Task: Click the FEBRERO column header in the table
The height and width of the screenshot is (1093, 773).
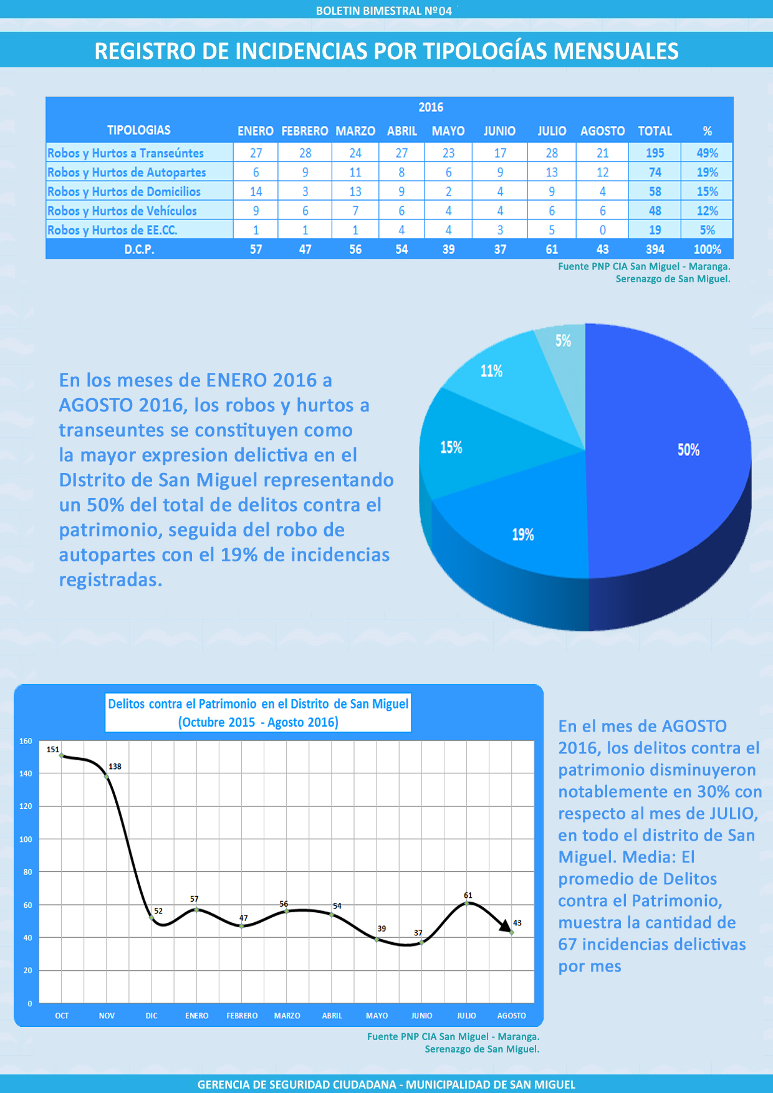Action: [x=305, y=131]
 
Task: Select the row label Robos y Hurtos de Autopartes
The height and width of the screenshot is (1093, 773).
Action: [x=127, y=173]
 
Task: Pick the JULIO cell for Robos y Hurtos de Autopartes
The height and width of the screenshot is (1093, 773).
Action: [x=552, y=173]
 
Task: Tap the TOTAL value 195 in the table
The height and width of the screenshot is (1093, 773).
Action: [x=655, y=153]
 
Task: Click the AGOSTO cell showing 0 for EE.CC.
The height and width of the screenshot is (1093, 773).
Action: [x=602, y=231]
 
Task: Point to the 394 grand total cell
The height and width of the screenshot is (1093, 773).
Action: [x=655, y=250]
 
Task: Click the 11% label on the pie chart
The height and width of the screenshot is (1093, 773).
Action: [x=491, y=371]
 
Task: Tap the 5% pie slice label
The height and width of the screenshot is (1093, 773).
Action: [x=563, y=341]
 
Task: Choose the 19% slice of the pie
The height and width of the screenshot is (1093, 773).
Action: [x=522, y=535]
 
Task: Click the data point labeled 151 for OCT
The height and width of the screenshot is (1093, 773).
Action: [x=62, y=755]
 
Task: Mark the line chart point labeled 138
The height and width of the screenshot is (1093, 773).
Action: [x=107, y=776]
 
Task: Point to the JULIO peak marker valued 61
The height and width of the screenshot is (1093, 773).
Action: [x=467, y=903]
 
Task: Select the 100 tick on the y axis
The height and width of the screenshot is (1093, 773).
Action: [x=26, y=839]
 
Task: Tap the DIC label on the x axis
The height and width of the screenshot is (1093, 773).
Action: [x=151, y=1016]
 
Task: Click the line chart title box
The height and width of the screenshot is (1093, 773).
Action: [x=258, y=713]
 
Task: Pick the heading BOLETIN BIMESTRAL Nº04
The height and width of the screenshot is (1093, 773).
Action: [x=384, y=11]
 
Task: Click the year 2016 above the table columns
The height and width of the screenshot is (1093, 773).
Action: [x=431, y=107]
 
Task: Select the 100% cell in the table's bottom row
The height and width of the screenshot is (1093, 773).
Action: [x=707, y=250]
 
